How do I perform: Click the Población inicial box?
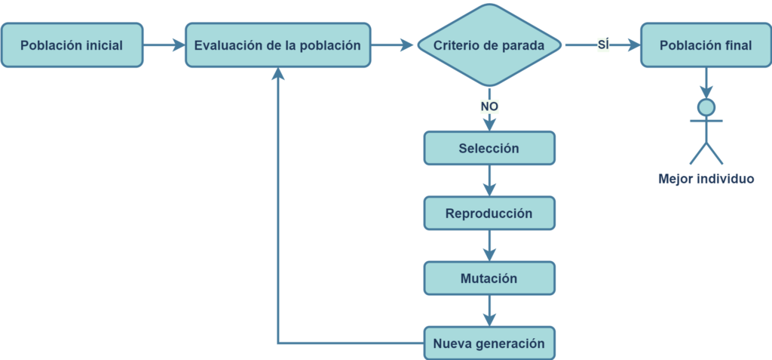click(72, 45)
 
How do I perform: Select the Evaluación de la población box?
click(277, 45)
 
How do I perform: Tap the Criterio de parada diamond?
click(489, 45)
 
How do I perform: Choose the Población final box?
click(706, 45)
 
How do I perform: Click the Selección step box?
click(489, 148)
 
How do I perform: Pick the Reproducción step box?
click(489, 213)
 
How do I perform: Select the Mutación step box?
click(489, 278)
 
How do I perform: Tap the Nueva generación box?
click(489, 343)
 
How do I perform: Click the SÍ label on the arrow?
click(603, 45)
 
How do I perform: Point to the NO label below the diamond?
click(489, 106)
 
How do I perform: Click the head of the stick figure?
click(706, 106)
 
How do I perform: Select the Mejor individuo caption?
click(706, 179)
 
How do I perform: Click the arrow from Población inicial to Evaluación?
click(164, 45)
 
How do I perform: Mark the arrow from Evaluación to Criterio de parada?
click(392, 45)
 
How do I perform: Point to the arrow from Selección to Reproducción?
click(489, 180)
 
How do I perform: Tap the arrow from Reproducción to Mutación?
click(489, 245)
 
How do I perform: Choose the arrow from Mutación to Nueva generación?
click(489, 311)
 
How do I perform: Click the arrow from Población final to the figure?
click(706, 83)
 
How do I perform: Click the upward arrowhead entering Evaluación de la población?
click(278, 73)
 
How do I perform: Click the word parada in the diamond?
click(525, 45)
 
